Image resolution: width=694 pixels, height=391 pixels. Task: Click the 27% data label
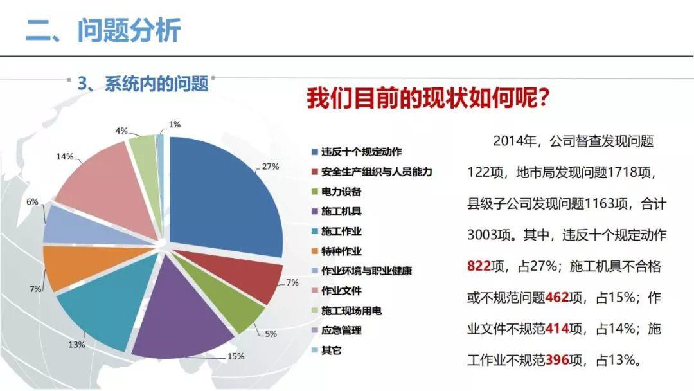(270, 167)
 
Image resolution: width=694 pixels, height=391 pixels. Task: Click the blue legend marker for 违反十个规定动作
(314, 152)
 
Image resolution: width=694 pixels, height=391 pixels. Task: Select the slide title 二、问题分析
(103, 30)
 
